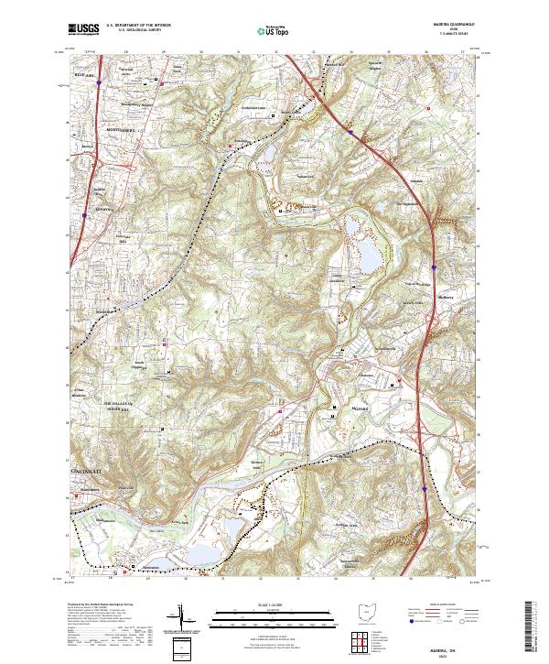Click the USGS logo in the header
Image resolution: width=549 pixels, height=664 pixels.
pos(84,29)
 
